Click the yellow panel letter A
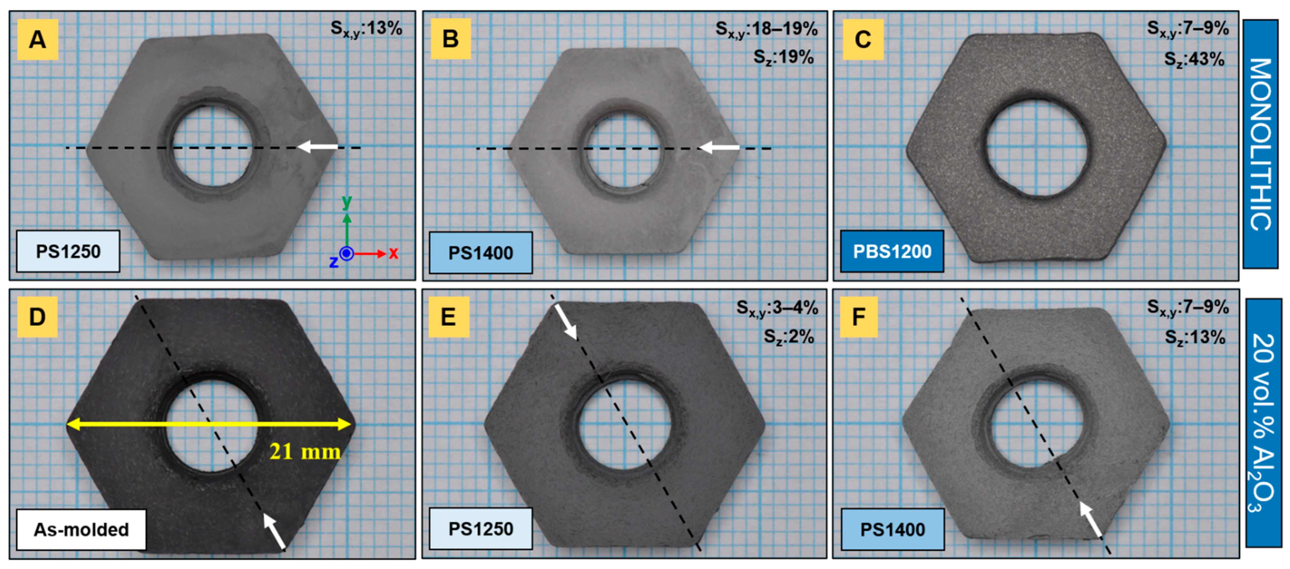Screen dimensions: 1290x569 point(38,40)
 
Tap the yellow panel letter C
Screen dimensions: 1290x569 point(862,40)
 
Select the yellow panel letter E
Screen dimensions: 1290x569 point(449,317)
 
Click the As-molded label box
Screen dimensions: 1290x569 point(81,529)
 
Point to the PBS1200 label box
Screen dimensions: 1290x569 point(892,251)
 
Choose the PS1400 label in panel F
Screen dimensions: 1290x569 point(892,529)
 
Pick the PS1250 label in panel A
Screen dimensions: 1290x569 point(68,251)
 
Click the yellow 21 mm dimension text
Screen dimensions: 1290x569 point(305,452)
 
